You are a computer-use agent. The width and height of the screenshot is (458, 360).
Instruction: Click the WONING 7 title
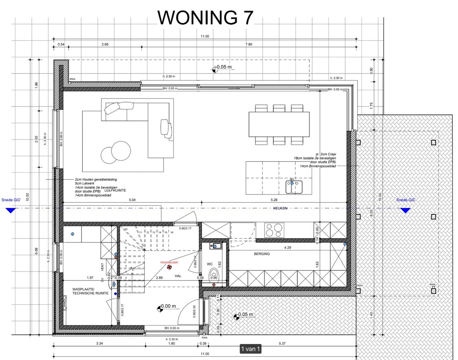pyautogui.click(x=205, y=17)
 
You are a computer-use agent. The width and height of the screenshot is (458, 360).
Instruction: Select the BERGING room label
pyautogui.click(x=262, y=254)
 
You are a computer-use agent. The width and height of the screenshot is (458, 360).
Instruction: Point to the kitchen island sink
pyautogui.click(x=294, y=186)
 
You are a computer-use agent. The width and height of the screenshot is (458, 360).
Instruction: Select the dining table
pyautogui.click(x=279, y=124)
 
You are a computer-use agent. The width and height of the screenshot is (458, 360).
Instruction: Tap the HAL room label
pyautogui.click(x=178, y=276)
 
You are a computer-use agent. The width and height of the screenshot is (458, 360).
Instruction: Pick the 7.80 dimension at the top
pyautogui.click(x=248, y=44)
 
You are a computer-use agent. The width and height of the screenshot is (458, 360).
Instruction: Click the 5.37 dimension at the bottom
pyautogui.click(x=282, y=344)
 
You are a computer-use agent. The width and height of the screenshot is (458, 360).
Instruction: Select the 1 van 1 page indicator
pyautogui.click(x=250, y=349)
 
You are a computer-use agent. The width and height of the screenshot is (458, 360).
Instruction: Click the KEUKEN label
pyautogui.click(x=280, y=208)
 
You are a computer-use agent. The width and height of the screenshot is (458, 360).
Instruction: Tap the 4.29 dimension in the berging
pyautogui.click(x=287, y=248)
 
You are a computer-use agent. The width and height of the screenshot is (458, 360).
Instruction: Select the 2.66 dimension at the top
pyautogui.click(x=105, y=44)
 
